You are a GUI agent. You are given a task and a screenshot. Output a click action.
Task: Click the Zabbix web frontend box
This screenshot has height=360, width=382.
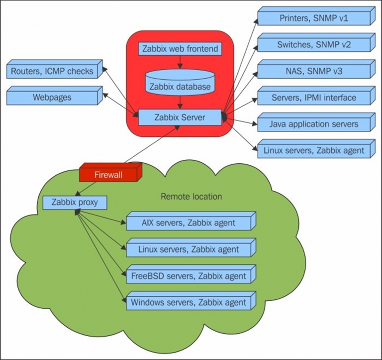pos(179,49)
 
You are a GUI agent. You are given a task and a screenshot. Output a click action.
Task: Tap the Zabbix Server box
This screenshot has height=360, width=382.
pos(179,118)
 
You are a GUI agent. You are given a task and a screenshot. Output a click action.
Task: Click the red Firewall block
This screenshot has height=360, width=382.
pos(109,174)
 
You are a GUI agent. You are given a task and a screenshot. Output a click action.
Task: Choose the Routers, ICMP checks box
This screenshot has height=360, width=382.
pos(52,71)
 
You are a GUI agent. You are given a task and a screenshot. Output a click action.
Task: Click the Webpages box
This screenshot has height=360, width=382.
pos(52,97)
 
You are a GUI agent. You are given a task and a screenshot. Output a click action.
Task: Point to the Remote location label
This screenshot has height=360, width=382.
pos(191,196)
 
